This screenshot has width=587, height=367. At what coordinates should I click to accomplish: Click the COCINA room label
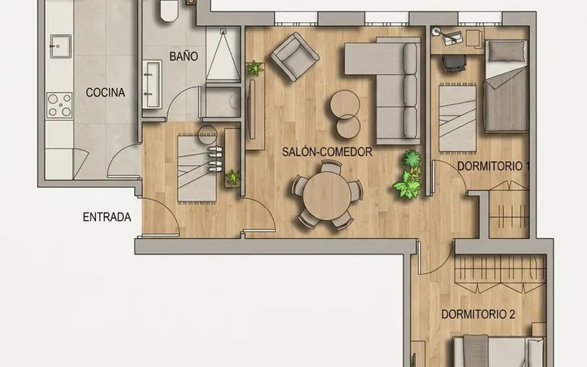[105, 92]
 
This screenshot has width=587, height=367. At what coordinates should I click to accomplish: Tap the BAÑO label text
[183, 56]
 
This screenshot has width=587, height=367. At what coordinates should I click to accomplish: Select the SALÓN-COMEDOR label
[327, 152]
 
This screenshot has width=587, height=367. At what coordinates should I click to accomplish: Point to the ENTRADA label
[107, 217]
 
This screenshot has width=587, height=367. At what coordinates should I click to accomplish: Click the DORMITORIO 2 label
[478, 314]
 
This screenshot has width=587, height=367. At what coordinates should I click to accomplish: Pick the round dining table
[327, 197]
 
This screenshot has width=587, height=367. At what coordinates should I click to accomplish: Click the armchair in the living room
[294, 56]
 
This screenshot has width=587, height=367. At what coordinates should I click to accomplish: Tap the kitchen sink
[60, 46]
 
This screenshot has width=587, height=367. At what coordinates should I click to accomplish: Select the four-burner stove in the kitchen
[60, 105]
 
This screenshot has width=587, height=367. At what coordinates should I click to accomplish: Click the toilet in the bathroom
[169, 10]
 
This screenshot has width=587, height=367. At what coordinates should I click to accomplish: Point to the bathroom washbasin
[152, 84]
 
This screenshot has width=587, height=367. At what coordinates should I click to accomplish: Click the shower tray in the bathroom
[223, 55]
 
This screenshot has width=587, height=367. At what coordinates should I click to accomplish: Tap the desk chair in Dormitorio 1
[454, 63]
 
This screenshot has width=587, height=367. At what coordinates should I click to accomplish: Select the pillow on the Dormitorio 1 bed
[506, 51]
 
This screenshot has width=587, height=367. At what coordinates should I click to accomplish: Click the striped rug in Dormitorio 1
[457, 118]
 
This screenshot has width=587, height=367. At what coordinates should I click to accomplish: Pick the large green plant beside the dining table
[408, 175]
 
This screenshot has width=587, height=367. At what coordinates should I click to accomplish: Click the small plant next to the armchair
[254, 69]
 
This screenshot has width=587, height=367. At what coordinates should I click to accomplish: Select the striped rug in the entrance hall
[197, 169]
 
